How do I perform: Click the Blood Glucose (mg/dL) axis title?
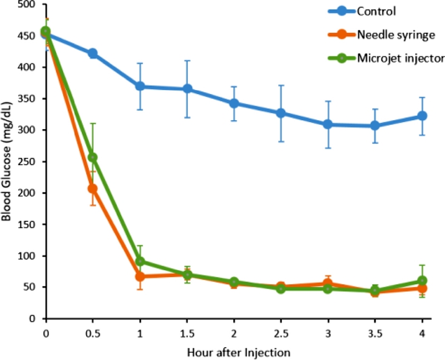click(7, 161)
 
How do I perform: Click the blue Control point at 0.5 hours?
click(92, 53)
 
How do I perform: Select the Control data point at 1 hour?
click(140, 86)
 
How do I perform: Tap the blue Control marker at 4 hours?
click(422, 116)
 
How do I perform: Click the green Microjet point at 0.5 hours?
click(92, 157)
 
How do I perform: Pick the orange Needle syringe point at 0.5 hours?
click(92, 189)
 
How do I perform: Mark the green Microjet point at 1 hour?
click(140, 261)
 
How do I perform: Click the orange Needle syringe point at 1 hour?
click(140, 277)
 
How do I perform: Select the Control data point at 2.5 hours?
click(281, 113)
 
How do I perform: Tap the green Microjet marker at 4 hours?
click(422, 280)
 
